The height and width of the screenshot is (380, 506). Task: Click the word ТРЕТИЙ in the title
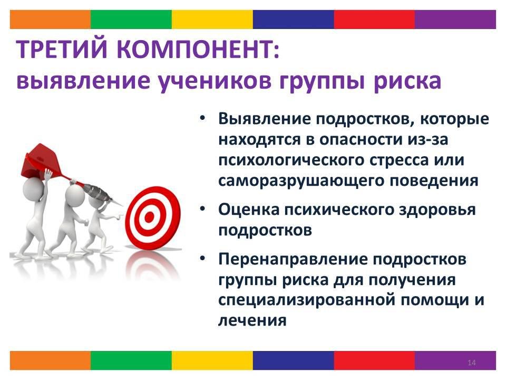61,50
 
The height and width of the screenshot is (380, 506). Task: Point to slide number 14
471,363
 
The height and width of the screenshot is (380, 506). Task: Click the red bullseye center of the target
149,217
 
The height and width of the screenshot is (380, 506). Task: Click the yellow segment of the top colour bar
212,20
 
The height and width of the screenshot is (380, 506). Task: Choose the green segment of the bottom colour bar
131,360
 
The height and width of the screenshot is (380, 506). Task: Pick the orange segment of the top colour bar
50,20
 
